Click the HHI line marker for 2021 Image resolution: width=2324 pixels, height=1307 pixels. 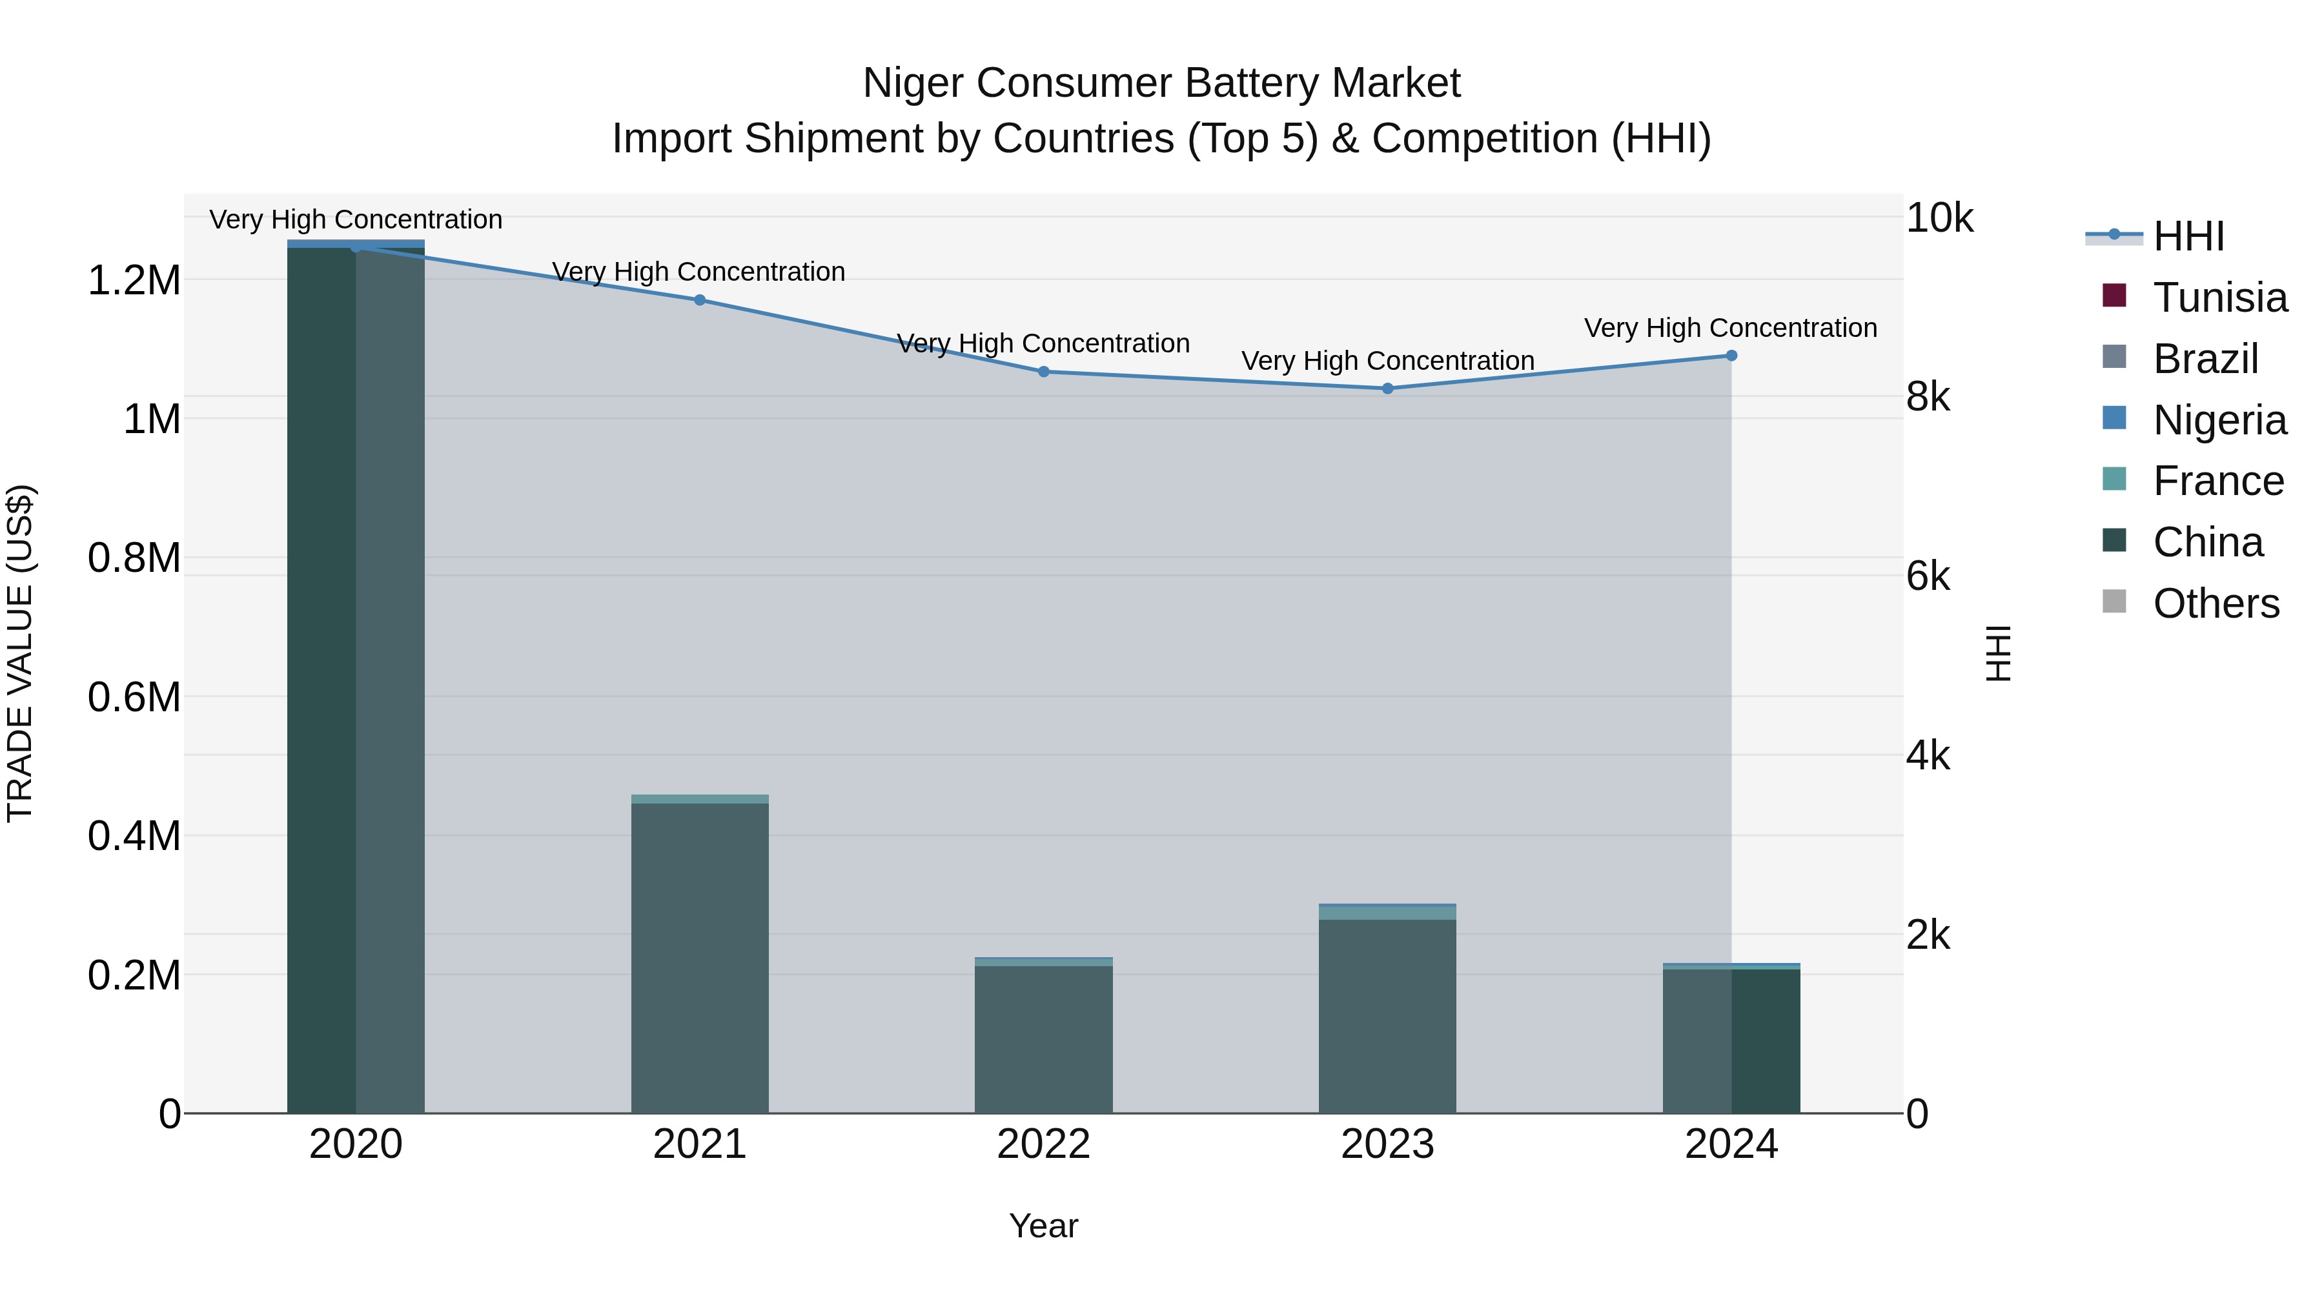click(x=699, y=300)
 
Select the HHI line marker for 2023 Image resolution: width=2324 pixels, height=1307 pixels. click(x=1387, y=389)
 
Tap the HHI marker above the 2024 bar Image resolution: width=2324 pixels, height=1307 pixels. click(x=1731, y=356)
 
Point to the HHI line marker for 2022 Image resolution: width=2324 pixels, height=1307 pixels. click(x=1044, y=372)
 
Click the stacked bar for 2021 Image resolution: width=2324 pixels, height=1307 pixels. click(x=699, y=956)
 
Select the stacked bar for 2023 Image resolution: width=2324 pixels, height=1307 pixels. click(x=1387, y=1010)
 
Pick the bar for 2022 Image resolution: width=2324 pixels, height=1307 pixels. click(x=1044, y=1037)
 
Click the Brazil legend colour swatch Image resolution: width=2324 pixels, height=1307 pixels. click(x=2114, y=357)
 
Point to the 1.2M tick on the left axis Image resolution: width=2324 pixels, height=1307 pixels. click(x=134, y=281)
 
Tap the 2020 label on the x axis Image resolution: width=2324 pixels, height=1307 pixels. click(x=356, y=1144)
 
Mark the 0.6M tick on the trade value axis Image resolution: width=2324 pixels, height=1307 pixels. click(x=134, y=697)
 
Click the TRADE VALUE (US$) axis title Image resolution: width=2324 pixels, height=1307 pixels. click(x=20, y=653)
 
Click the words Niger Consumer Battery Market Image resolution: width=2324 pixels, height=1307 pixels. click(x=1161, y=83)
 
